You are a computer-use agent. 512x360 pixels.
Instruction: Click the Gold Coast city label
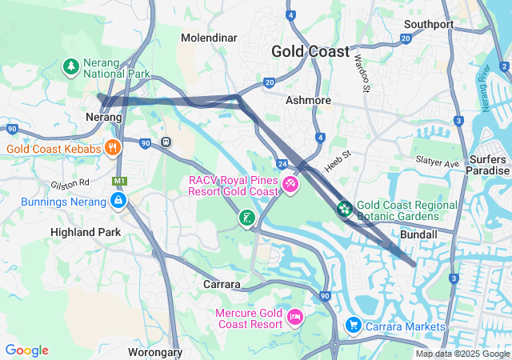point(310,51)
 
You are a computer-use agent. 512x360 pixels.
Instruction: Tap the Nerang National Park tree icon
point(71,65)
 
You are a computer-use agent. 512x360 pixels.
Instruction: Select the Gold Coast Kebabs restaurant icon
point(114,148)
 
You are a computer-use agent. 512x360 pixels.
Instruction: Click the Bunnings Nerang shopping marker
point(118,201)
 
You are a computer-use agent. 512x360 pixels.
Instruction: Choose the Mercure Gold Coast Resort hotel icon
point(294,318)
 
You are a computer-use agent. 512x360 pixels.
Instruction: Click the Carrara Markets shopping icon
point(353,326)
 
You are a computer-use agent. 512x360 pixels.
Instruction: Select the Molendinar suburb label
point(210,38)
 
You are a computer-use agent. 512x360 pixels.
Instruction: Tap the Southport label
point(429,24)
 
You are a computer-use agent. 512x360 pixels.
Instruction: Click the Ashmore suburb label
point(308,100)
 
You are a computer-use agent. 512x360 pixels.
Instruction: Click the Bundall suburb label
point(418,234)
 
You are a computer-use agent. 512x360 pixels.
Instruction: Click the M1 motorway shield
point(120,182)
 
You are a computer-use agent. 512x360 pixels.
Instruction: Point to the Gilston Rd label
point(70,184)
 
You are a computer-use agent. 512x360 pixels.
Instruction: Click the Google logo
point(26,350)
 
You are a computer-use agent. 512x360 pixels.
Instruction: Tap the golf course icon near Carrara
point(248,218)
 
